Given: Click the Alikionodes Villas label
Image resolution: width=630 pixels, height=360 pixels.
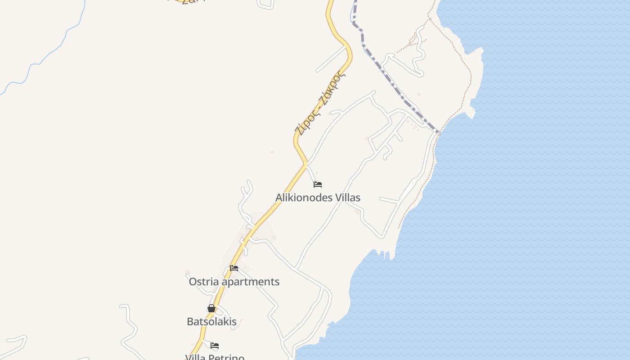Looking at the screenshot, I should (318, 198).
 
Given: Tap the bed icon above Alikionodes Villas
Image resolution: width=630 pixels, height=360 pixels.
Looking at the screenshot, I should (318, 184).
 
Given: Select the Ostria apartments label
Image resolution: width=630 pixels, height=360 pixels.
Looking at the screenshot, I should (234, 282).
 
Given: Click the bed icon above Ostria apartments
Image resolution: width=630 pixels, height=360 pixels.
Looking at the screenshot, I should (234, 268).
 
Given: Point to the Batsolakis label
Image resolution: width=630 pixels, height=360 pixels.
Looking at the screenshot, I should (211, 322).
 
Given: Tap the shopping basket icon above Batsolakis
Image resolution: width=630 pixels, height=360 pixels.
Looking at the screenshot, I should (211, 308).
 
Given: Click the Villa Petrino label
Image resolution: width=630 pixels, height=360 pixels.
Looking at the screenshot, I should (215, 357).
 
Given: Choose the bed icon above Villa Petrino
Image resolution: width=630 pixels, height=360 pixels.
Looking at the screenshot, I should (215, 346).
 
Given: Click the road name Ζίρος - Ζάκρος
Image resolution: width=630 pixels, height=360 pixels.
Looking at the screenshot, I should (320, 103).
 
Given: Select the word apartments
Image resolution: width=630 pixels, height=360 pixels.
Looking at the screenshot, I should (252, 282).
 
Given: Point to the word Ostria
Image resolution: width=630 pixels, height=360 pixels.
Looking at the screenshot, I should (204, 282).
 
